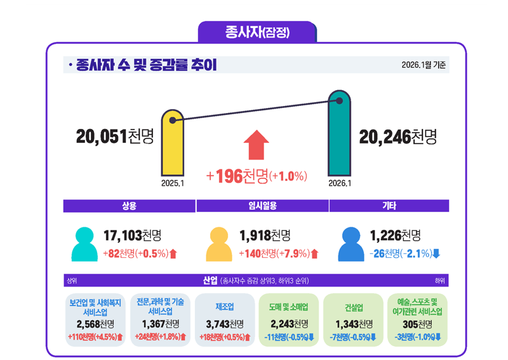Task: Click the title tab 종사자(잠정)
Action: click(257, 32)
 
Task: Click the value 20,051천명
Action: click(115, 136)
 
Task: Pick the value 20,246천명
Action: click(398, 136)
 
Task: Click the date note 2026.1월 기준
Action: click(424, 65)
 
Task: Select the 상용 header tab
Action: click(130, 206)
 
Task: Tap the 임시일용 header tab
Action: click(262, 206)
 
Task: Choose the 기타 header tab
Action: click(389, 206)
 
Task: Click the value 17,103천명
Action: click(131, 236)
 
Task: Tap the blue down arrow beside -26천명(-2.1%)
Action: click(436, 254)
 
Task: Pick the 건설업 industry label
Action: click(354, 308)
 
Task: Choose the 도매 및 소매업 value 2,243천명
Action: click(290, 324)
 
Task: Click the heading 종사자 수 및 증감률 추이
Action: click(146, 65)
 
